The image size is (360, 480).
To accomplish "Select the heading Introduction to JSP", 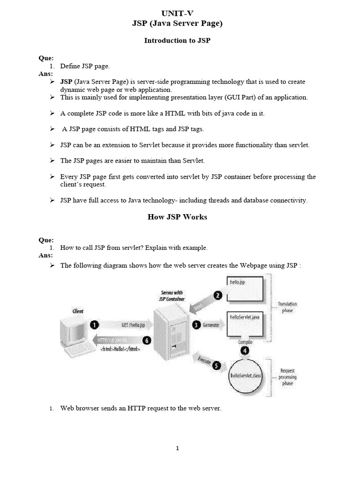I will point(177,41).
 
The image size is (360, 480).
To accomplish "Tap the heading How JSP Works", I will point(177,217).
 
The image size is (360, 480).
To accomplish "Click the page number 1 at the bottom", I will point(178,448).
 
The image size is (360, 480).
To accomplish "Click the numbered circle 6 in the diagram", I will point(147,341).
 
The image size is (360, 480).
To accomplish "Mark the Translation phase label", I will point(287,307).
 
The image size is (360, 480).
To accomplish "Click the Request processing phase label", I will point(287,376).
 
